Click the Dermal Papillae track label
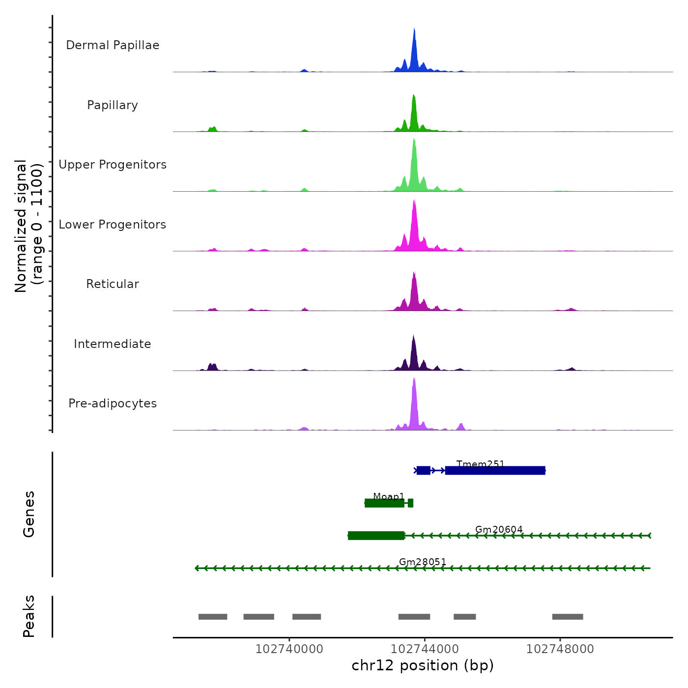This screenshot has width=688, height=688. [113, 45]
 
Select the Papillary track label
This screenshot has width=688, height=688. [113, 105]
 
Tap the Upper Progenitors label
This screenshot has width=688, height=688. [113, 165]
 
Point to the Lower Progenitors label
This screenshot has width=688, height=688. [113, 225]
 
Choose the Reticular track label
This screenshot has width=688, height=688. [113, 284]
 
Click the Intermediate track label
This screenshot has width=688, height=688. [113, 344]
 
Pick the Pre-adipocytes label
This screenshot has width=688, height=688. [113, 403]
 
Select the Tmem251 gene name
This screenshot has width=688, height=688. [480, 464]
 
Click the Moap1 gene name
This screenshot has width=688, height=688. [388, 496]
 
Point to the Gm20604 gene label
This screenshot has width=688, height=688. [499, 529]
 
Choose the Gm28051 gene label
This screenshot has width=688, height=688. [423, 562]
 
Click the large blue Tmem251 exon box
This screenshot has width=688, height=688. [495, 471]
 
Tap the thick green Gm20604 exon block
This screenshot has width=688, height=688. [376, 536]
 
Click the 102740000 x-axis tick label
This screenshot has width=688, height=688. [289, 649]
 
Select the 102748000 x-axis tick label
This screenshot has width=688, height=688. [560, 649]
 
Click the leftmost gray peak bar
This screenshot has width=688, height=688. [213, 617]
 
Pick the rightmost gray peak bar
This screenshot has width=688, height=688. [568, 617]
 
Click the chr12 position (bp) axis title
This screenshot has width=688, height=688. [423, 666]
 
